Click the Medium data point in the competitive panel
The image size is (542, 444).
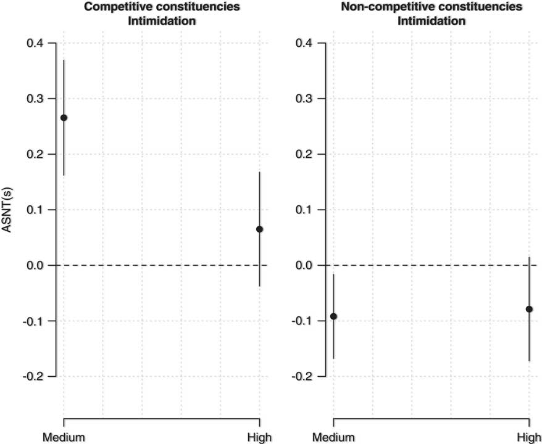(x=64, y=118)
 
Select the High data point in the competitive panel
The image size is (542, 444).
(x=260, y=229)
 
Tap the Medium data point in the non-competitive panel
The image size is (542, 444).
(x=333, y=316)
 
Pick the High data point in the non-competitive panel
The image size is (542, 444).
(x=529, y=309)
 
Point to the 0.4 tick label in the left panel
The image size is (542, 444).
(x=36, y=43)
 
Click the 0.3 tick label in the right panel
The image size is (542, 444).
(x=305, y=99)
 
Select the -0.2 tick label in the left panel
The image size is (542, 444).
(x=33, y=376)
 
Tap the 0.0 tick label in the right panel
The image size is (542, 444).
(x=305, y=266)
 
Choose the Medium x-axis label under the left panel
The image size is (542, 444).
(x=64, y=437)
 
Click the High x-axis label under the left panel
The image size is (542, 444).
(x=260, y=437)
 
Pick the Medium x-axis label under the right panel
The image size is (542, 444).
(x=333, y=437)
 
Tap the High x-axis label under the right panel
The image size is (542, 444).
(x=530, y=437)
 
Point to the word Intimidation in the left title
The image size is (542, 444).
(x=162, y=21)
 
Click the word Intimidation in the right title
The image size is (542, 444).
(x=432, y=21)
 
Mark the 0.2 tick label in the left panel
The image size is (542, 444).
(x=36, y=154)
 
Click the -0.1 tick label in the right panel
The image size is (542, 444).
(x=303, y=321)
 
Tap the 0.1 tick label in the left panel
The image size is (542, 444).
(x=36, y=210)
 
